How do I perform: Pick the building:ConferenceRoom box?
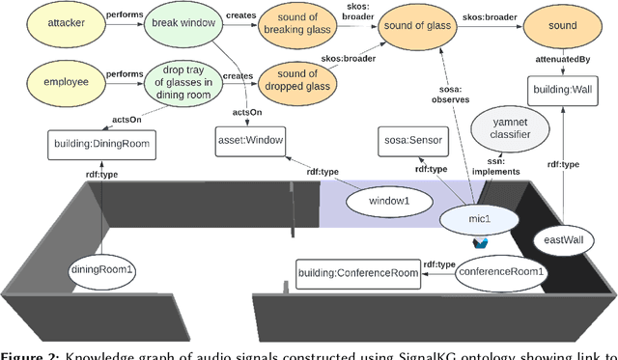pyautogui.click(x=359, y=272)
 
